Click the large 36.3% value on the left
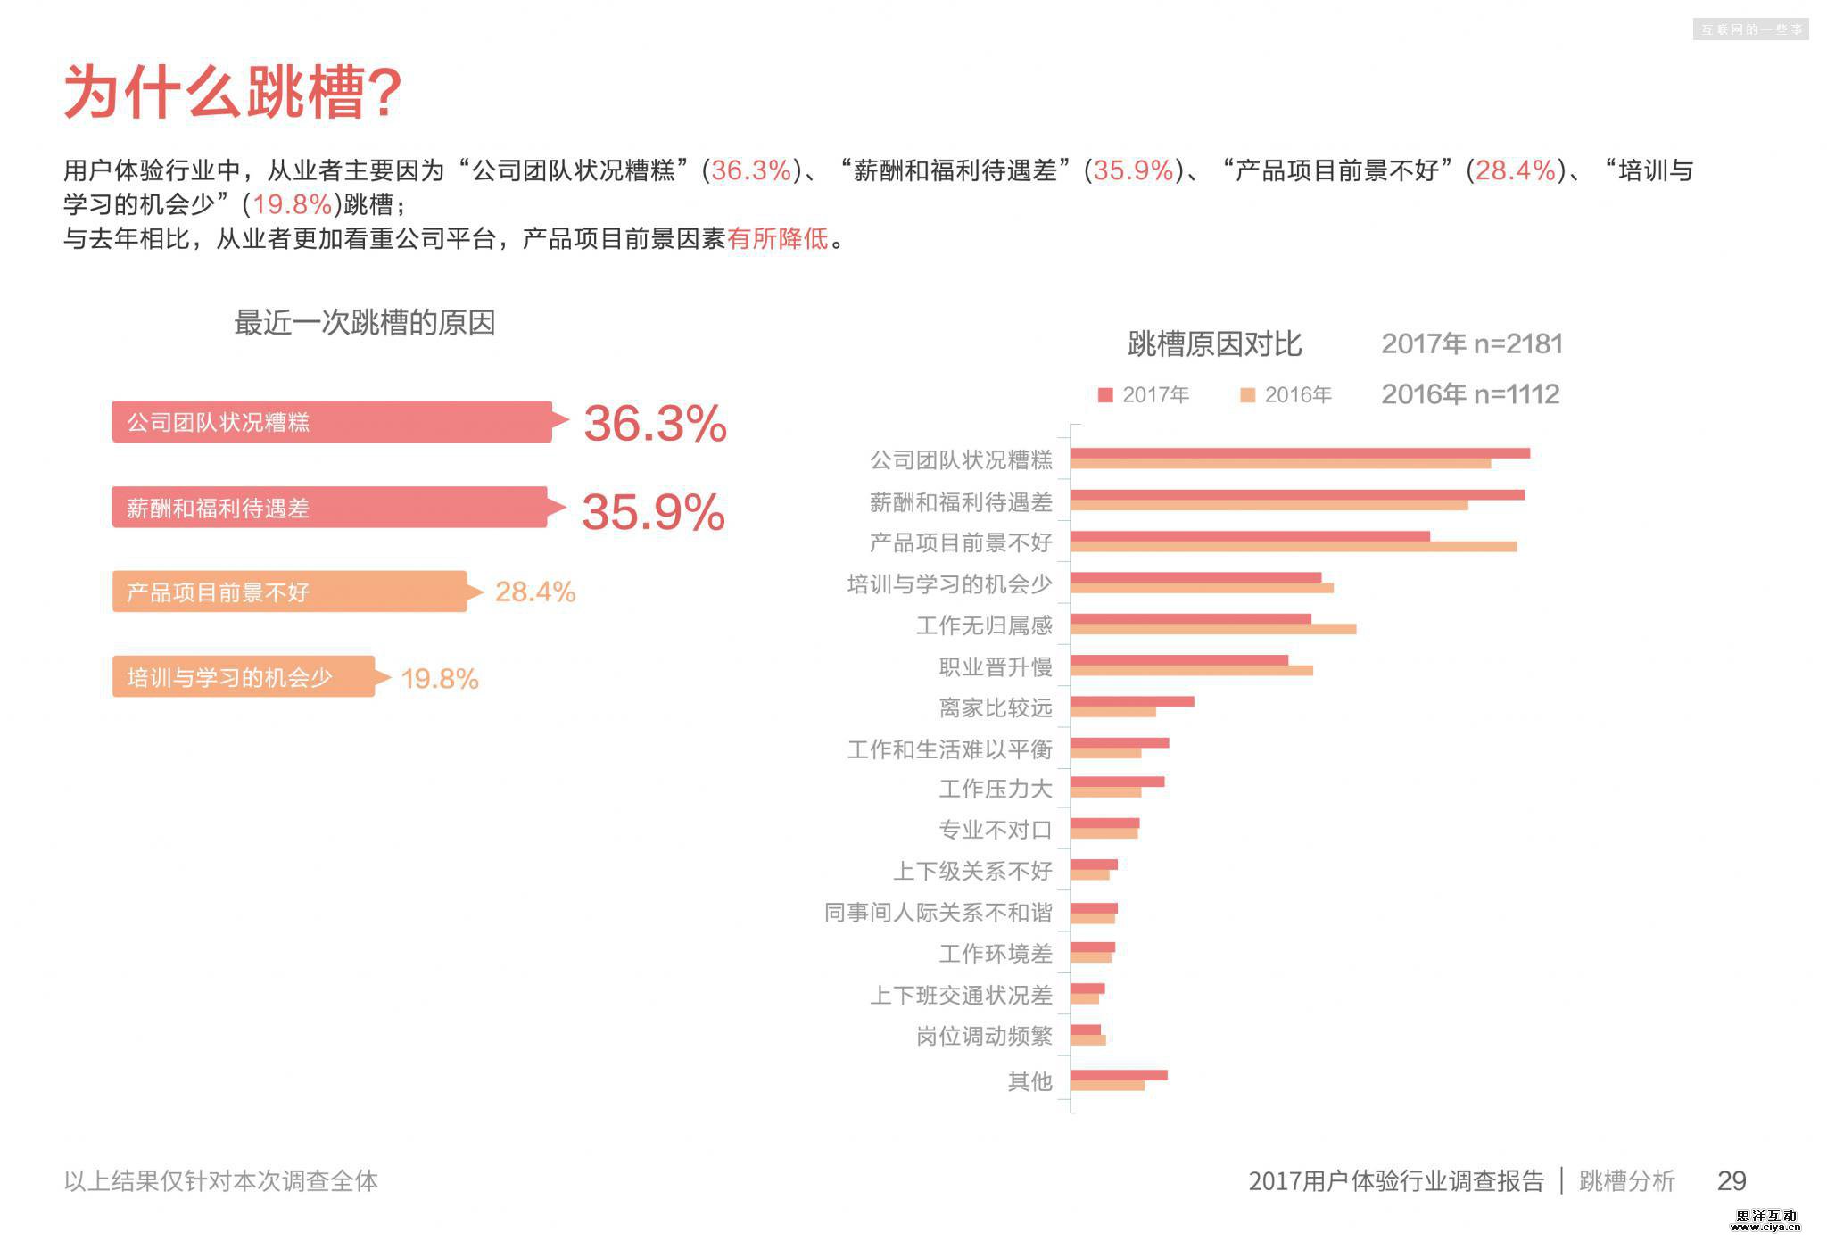point(655,424)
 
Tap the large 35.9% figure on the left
point(653,512)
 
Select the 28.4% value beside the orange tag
point(535,592)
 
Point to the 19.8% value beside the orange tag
point(440,679)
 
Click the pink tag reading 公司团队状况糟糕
point(331,422)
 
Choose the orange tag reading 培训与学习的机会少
point(243,677)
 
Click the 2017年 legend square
point(1105,395)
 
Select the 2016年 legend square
point(1248,395)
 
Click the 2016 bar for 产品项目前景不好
point(1293,547)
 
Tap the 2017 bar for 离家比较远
point(1131,702)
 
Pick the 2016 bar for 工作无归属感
point(1212,629)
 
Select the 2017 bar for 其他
point(1118,1075)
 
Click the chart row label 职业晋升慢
point(995,667)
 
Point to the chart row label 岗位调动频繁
point(984,1036)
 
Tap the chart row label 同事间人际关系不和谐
point(938,913)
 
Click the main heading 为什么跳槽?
point(233,92)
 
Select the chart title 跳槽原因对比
point(1214,344)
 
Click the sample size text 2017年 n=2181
point(1471,344)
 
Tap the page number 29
point(1731,1181)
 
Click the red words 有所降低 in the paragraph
point(777,239)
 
